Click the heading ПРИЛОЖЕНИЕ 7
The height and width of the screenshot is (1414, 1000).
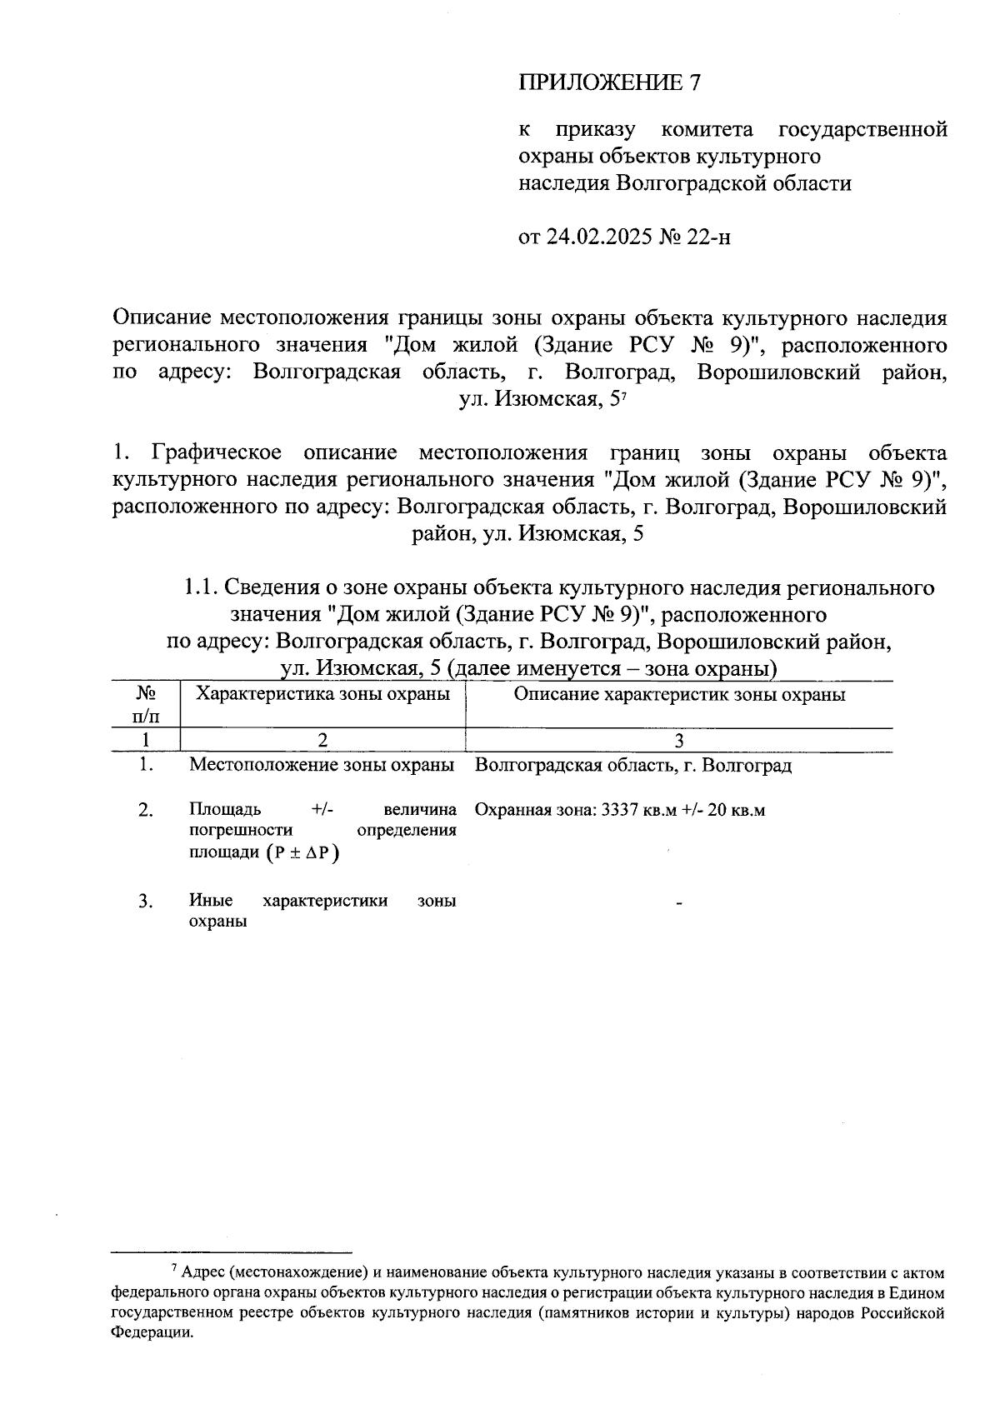pyautogui.click(x=610, y=82)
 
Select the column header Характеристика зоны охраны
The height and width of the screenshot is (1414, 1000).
pyautogui.click(x=322, y=694)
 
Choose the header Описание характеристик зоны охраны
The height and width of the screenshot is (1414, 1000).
pyautogui.click(x=679, y=694)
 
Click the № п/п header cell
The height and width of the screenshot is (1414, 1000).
pyautogui.click(x=147, y=704)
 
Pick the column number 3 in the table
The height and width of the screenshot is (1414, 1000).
pyautogui.click(x=679, y=741)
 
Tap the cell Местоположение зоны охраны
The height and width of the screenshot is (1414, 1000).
pyautogui.click(x=322, y=765)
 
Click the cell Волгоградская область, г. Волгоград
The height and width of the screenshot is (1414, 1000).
pyautogui.click(x=632, y=765)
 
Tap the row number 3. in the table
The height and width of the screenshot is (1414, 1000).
pyautogui.click(x=147, y=902)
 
